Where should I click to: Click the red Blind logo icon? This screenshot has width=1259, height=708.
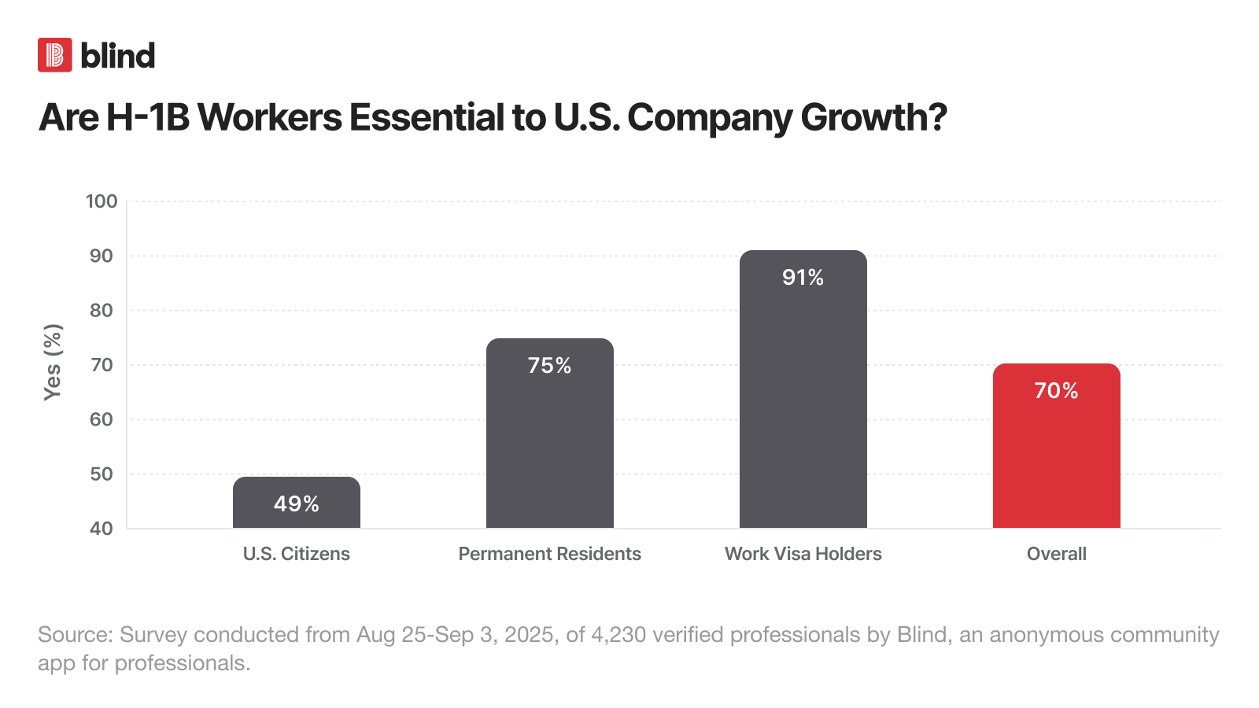click(x=55, y=55)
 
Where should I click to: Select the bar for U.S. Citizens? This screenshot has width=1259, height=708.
click(x=297, y=511)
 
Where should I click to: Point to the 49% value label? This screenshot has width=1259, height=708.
click(x=297, y=503)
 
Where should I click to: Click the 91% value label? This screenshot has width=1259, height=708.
click(x=803, y=277)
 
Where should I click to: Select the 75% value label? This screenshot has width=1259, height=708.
click(x=550, y=365)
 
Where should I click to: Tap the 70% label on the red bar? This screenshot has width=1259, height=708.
click(x=1057, y=390)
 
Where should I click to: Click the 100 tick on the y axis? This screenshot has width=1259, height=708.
click(x=102, y=201)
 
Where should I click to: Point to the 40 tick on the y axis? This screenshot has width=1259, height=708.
click(x=102, y=528)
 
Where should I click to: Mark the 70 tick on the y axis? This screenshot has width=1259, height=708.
click(x=102, y=365)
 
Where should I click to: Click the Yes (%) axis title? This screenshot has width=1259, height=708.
click(x=53, y=362)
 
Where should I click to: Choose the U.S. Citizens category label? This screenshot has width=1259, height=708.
click(x=297, y=554)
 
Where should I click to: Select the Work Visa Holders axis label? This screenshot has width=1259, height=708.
click(x=803, y=554)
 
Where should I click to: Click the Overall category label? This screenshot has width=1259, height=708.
click(x=1057, y=554)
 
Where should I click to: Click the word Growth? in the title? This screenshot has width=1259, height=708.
click(x=873, y=118)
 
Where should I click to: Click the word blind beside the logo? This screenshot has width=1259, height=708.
click(x=118, y=56)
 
